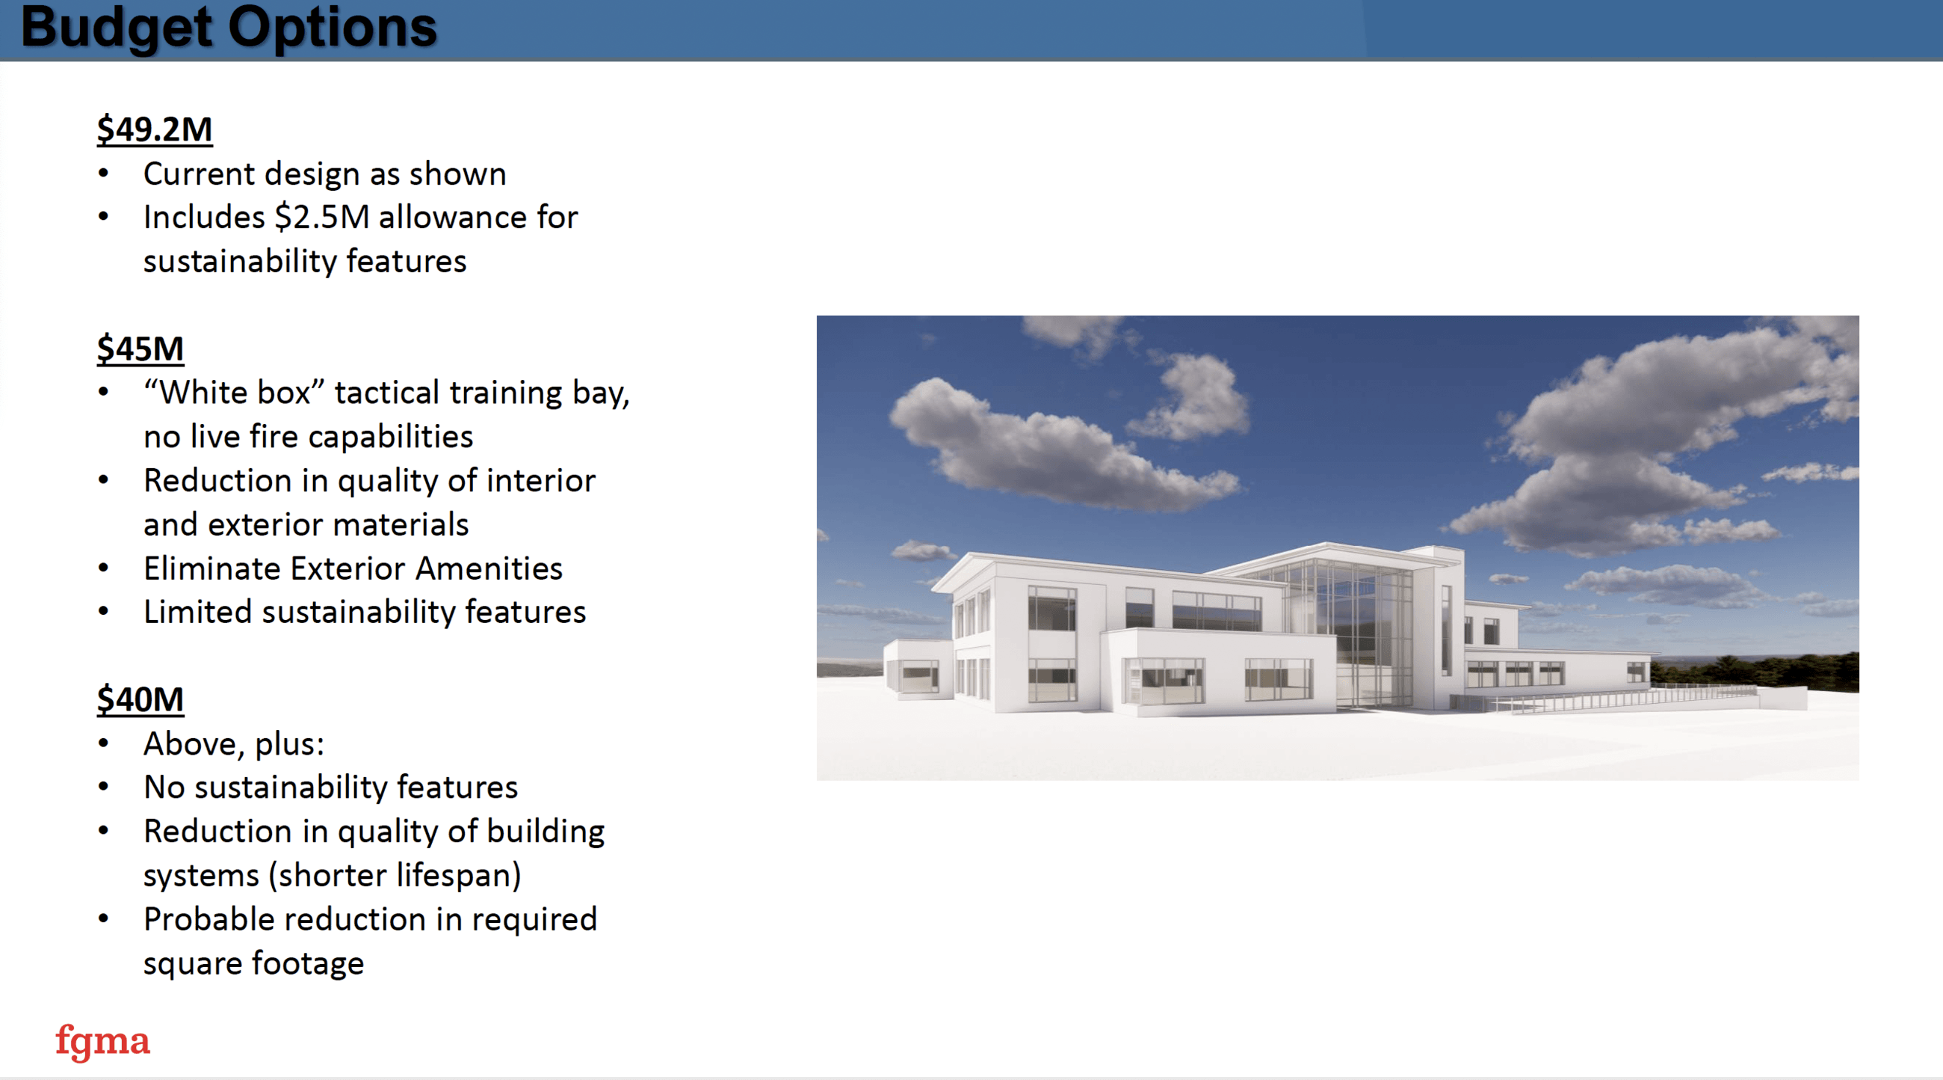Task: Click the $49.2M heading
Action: [x=155, y=129]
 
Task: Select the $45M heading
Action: [x=140, y=349]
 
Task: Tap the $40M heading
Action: [x=140, y=699]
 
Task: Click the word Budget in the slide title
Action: [x=117, y=27]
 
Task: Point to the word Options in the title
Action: [x=332, y=27]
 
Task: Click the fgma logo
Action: [x=102, y=1042]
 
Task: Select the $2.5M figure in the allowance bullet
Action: [x=322, y=218]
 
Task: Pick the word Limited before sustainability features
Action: [x=197, y=612]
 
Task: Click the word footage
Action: [x=308, y=964]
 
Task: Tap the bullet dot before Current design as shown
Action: [x=103, y=174]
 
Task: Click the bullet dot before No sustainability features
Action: [x=103, y=788]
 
